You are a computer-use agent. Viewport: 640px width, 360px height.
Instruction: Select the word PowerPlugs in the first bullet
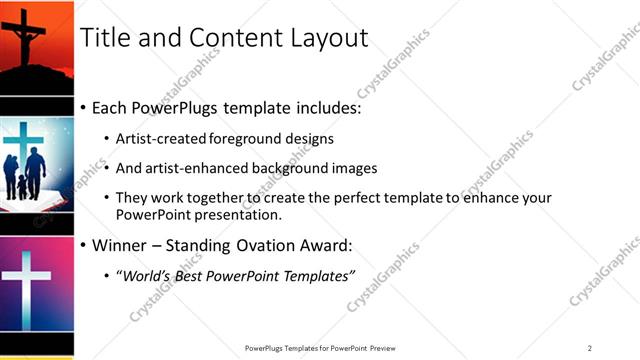click(x=179, y=107)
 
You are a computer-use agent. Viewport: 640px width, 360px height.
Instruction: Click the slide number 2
click(x=590, y=347)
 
